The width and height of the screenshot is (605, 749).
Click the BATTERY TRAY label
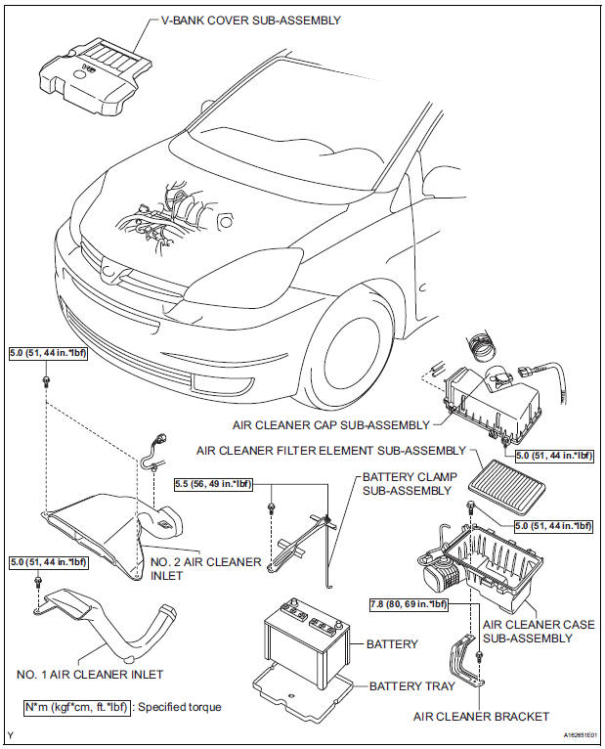point(411,685)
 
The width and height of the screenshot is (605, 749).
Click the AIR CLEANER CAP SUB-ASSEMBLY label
point(330,425)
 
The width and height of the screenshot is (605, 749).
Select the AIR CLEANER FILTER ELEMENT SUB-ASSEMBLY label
point(331,451)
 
